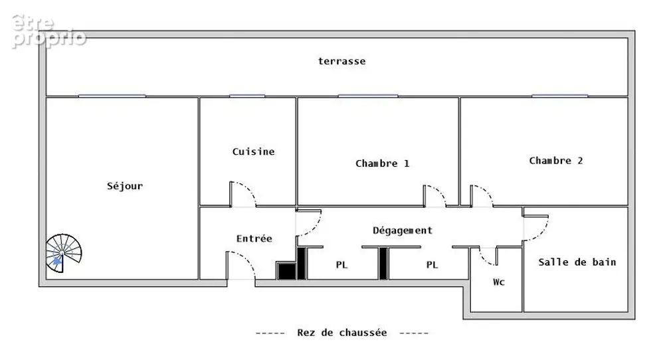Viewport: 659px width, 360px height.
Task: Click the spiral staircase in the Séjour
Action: coord(63,253)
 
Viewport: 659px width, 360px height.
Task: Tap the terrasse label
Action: coord(341,61)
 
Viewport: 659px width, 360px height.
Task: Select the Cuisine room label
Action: coord(253,151)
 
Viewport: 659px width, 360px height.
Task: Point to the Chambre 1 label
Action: coord(382,163)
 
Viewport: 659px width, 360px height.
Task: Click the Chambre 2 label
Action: coord(555,161)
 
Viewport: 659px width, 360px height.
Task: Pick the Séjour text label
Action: coord(125,186)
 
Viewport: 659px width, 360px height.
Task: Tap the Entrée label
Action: coord(254,238)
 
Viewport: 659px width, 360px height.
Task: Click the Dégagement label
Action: coord(402,230)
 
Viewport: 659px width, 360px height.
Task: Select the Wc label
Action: coord(499,282)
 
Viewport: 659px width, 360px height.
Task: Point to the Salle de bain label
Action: coord(577,262)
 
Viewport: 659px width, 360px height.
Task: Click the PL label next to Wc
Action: coord(432,264)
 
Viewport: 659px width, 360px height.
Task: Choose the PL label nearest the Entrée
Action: coord(341,264)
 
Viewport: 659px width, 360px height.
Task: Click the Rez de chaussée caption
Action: coord(341,333)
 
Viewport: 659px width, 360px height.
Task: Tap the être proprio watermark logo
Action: coord(48,31)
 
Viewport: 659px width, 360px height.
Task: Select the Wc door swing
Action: coord(488,258)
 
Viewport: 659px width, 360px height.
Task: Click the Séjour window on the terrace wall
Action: coord(112,96)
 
